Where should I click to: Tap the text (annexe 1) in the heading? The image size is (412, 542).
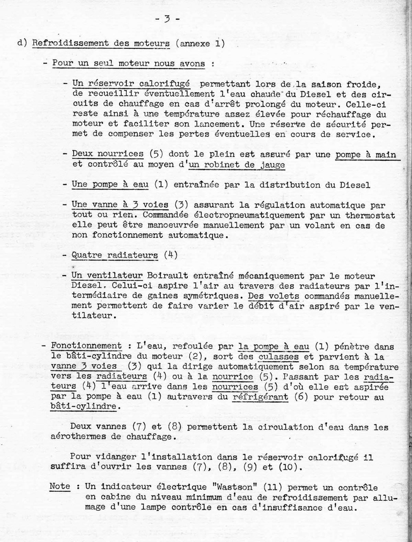click(200, 44)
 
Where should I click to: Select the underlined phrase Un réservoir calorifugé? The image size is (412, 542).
click(131, 84)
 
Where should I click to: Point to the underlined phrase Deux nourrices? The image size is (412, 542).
click(108, 154)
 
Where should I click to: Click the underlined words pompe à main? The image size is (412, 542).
click(365, 155)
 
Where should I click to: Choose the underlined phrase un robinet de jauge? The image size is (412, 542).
click(237, 165)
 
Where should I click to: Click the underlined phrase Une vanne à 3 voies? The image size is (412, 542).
click(120, 205)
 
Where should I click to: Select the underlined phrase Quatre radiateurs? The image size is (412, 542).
click(115, 255)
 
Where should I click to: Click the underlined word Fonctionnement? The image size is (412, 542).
click(86, 346)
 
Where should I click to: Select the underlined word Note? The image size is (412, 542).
click(60, 486)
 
